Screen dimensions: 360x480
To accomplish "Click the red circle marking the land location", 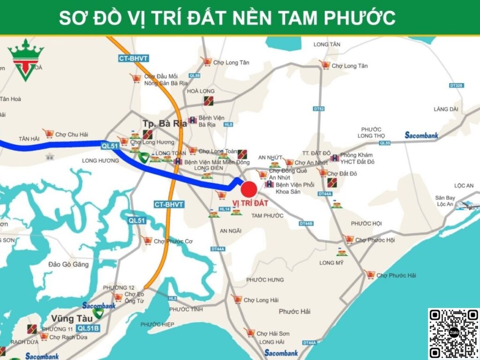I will (249, 189).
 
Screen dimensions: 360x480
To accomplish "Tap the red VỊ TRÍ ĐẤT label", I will (250, 203).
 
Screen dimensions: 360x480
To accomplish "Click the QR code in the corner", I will (453, 333).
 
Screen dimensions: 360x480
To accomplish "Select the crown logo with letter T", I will (26, 60).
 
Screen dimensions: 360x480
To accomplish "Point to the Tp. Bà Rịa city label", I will (165, 124).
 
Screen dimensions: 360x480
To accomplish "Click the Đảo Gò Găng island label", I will (68, 264).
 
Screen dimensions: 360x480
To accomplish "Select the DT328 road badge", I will (456, 86).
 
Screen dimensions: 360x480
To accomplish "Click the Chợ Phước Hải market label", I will (396, 276).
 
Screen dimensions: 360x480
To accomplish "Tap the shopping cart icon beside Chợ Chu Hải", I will (48, 134).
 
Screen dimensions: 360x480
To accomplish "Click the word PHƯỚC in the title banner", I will (360, 18).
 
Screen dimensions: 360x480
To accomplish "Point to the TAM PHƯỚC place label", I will (268, 216).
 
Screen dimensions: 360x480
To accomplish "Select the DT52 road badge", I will (319, 109).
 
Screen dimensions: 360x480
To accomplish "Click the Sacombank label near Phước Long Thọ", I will (421, 135).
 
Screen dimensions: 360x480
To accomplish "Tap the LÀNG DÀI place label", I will (445, 109).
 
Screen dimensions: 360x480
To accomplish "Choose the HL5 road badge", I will (172, 298).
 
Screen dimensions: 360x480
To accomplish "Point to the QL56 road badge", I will (195, 75).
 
